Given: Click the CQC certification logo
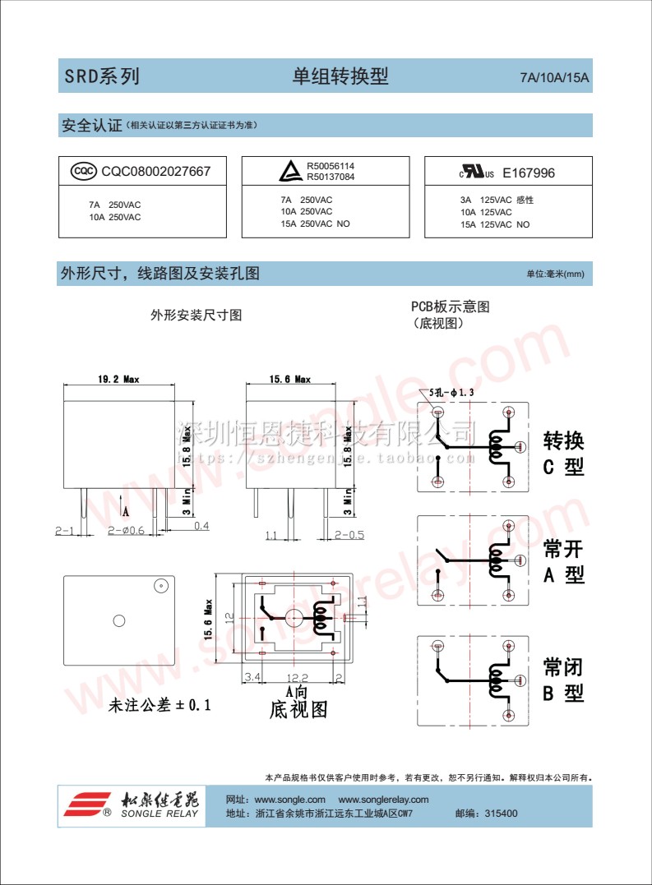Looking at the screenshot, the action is pos(82,172).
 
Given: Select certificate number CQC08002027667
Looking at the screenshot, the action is pos(155,172).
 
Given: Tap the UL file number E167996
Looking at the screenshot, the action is pos(529,173).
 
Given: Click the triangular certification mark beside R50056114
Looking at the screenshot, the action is pos(289,172).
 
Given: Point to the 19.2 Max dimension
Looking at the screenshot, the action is pos(118,380).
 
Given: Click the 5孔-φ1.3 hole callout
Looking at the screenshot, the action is pos(452,393).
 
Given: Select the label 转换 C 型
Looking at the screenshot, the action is pos(563,454).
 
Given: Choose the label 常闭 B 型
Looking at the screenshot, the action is pos(563,680).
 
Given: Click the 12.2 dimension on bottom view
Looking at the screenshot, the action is pos(297,677).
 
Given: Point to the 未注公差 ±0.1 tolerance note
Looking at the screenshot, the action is pos(160,705).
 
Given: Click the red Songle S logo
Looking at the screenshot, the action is pos(87,804).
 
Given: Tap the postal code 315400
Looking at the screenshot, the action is pos(502,814).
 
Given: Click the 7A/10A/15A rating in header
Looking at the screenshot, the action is pos(555,79).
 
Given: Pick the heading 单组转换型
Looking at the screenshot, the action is pos(340,77).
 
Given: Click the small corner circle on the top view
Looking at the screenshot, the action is pos(160,586).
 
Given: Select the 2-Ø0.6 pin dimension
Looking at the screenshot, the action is pos(126,531).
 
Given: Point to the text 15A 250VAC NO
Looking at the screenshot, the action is pos(315,224).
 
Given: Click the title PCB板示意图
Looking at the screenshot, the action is pos(451,307).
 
